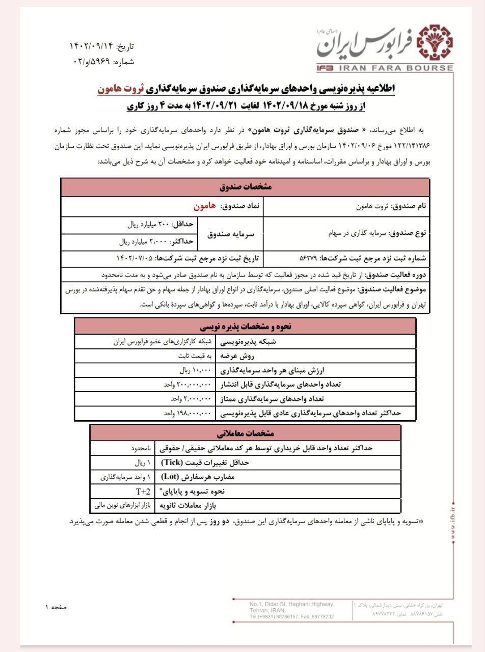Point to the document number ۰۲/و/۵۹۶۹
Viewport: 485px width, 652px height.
(x=89, y=62)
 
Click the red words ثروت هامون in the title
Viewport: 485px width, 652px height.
(x=119, y=89)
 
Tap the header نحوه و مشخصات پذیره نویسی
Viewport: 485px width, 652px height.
(x=245, y=326)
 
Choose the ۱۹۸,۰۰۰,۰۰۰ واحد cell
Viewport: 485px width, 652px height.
(x=186, y=414)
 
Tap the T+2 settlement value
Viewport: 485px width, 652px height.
(x=143, y=492)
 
